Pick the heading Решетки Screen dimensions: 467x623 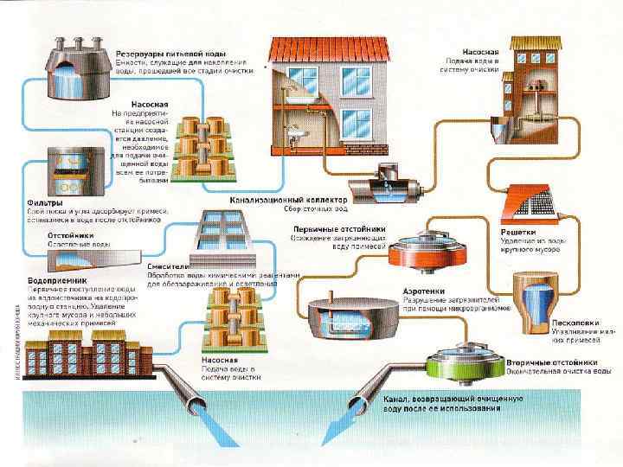click(518, 232)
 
